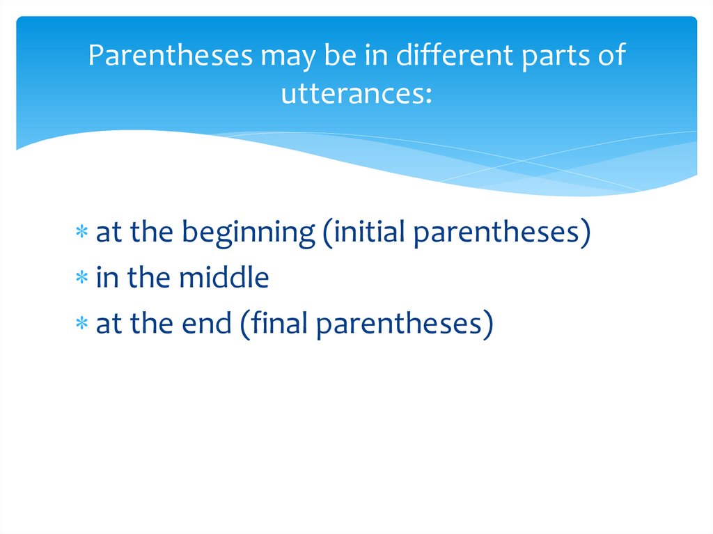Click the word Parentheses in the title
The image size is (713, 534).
(170, 55)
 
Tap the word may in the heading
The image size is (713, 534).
(288, 58)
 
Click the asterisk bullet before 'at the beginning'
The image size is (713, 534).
(82, 232)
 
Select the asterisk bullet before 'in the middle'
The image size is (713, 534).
(82, 277)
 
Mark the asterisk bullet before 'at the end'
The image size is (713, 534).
(82, 323)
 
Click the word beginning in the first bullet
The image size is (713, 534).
(249, 233)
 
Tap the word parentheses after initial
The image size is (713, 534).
(496, 234)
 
